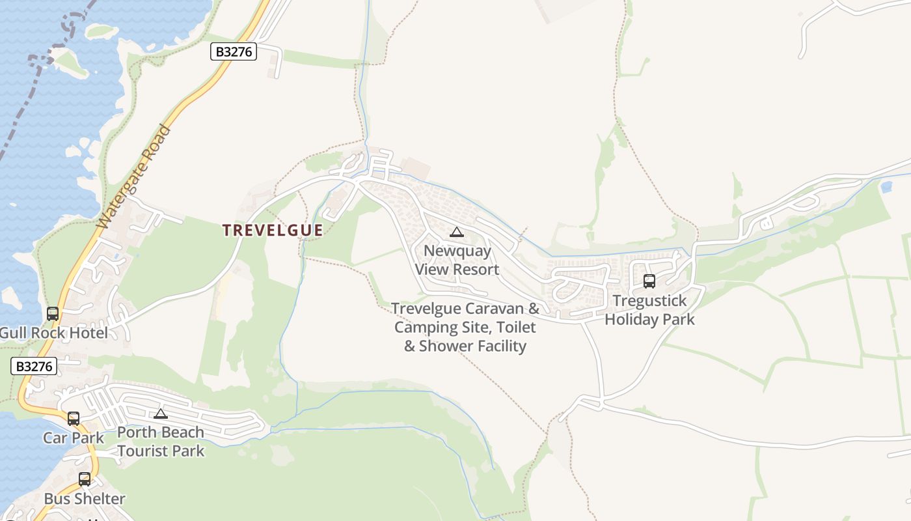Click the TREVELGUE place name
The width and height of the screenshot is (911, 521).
pos(273,231)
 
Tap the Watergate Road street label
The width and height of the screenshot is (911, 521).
pos(134,176)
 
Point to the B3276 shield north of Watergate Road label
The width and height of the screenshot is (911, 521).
pos(234,51)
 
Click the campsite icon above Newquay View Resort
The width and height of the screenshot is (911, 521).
pos(457,232)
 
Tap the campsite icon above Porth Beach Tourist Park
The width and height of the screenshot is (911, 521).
pos(161,414)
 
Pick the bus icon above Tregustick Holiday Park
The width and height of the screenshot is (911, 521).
pos(649,281)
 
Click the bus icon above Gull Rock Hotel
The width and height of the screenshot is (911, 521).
pos(53,314)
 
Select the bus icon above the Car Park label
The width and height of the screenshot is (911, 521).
pos(74,419)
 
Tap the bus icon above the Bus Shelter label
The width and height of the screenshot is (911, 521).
pos(85,479)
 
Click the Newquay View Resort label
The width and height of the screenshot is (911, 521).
pos(457,260)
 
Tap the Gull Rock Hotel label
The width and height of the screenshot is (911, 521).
pos(54,333)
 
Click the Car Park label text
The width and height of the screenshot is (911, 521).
pos(74,438)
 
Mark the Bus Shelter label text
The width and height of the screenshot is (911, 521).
pos(85,499)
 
